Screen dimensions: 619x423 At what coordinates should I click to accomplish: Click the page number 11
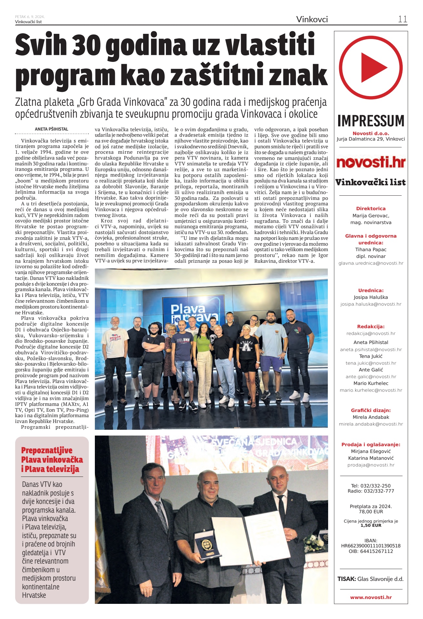click(x=402, y=19)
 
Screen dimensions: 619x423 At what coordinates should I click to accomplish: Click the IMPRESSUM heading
click(x=371, y=121)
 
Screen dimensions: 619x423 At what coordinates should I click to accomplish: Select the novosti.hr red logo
click(x=371, y=162)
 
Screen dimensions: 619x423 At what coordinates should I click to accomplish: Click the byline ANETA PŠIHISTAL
click(x=52, y=129)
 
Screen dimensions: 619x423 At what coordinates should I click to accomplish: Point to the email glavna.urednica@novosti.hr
click(x=371, y=263)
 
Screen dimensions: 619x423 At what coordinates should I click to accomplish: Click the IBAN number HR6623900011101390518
click(x=371, y=546)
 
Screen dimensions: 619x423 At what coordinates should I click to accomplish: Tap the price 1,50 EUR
click(x=371, y=525)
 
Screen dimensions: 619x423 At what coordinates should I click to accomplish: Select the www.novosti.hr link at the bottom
click(x=371, y=597)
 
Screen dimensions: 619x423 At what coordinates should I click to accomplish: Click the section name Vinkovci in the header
click(x=312, y=19)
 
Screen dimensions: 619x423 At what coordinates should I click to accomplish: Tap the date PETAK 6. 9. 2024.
click(x=30, y=17)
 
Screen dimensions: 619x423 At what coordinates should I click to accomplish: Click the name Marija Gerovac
click(x=371, y=216)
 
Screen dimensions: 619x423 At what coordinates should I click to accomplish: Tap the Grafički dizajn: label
click(x=371, y=410)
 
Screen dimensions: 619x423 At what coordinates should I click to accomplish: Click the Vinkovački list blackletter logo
click(x=371, y=182)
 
